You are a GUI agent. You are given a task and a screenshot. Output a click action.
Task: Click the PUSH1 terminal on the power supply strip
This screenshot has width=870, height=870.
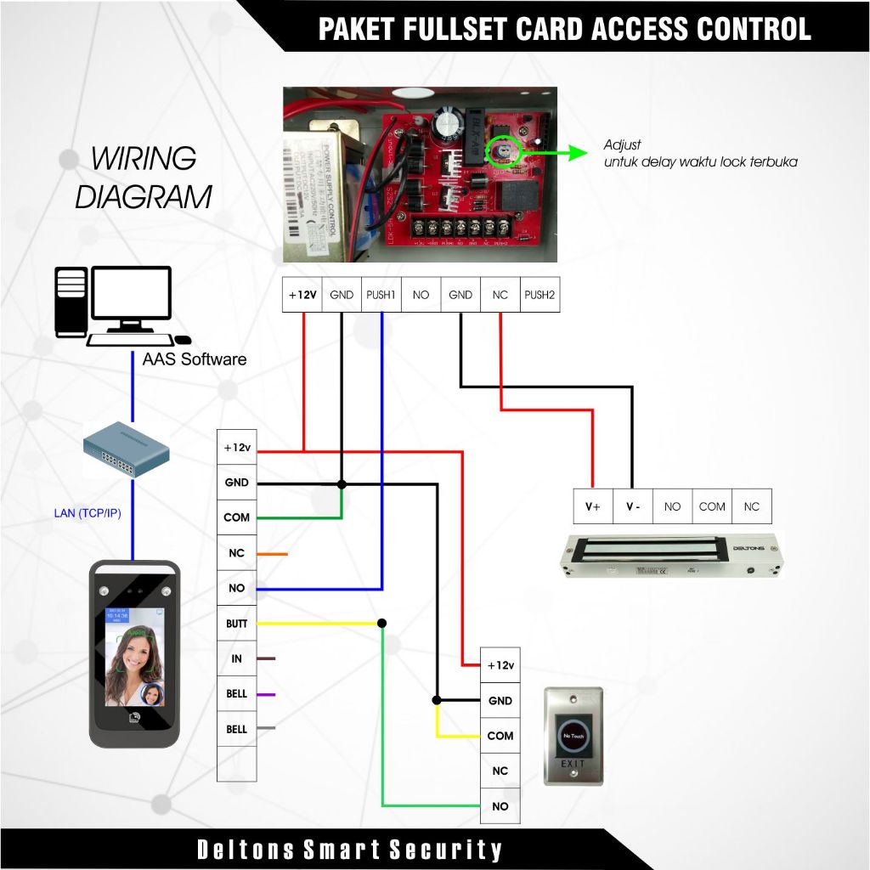pyautogui.click(x=381, y=295)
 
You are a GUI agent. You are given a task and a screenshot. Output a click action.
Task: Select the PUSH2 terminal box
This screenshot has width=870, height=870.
pyautogui.click(x=540, y=295)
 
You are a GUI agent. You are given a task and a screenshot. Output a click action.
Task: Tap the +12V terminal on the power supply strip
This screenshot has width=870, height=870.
pyautogui.click(x=302, y=295)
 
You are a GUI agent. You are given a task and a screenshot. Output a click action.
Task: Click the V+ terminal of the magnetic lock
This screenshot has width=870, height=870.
pyautogui.click(x=593, y=506)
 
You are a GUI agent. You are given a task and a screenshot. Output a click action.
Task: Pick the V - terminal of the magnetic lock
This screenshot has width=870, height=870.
pyautogui.click(x=633, y=506)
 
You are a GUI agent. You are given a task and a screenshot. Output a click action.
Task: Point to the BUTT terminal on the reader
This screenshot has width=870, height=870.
pyautogui.click(x=237, y=624)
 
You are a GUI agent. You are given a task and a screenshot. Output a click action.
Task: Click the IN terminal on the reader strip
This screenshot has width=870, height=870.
pyautogui.click(x=237, y=658)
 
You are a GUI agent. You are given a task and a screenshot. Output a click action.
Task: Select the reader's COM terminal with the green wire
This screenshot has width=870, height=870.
pyautogui.click(x=237, y=517)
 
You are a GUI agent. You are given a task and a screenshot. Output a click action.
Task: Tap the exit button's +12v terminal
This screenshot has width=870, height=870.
pyautogui.click(x=500, y=665)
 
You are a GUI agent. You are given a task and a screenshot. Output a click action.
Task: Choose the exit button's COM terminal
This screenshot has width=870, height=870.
pyautogui.click(x=500, y=736)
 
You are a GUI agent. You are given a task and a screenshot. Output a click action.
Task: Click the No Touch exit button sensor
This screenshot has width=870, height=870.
pyautogui.click(x=573, y=735)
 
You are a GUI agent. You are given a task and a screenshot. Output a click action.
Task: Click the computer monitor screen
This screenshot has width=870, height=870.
pyautogui.click(x=132, y=294)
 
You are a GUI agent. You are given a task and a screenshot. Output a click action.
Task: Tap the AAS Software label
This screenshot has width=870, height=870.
pyautogui.click(x=195, y=359)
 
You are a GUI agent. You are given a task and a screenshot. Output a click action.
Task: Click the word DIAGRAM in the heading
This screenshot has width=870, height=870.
pyautogui.click(x=143, y=196)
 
